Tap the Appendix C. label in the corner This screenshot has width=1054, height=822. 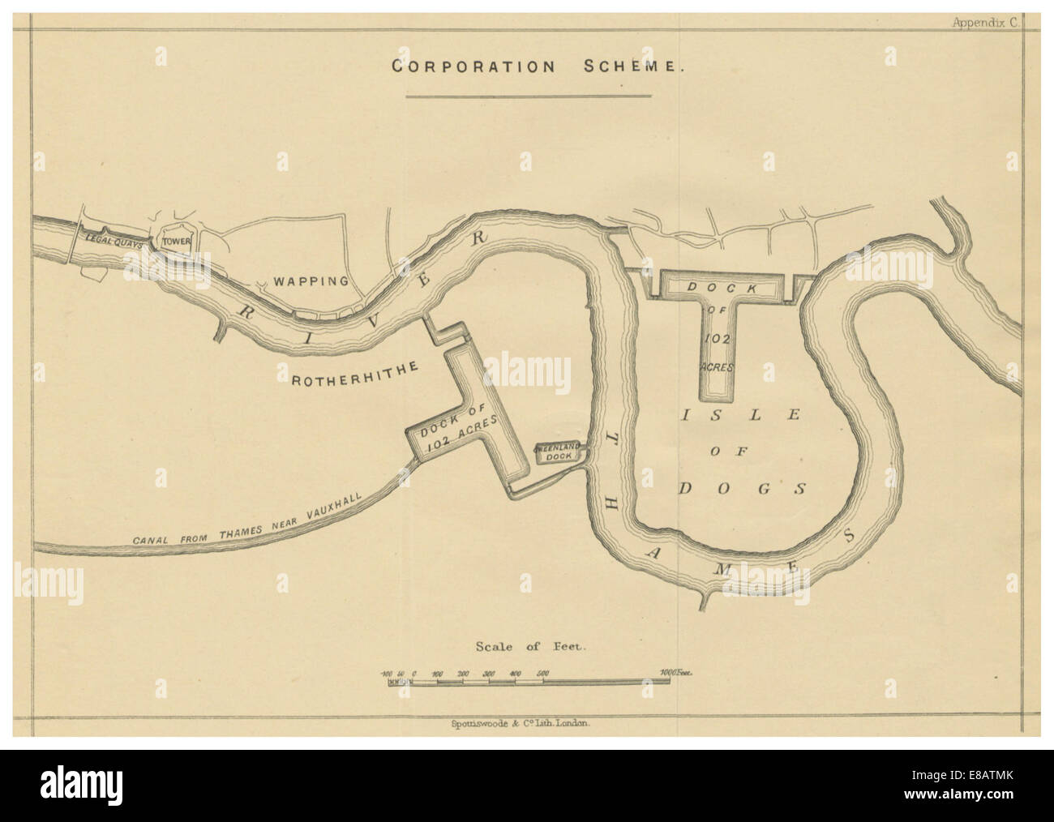click(984, 24)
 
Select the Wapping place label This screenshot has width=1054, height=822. click(310, 281)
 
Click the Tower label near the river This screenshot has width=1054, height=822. click(175, 242)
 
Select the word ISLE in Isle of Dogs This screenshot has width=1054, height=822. click(739, 415)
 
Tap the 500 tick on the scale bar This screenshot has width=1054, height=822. click(542, 674)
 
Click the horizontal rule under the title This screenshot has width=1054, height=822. click(528, 96)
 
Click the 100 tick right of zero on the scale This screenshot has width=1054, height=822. click(439, 674)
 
